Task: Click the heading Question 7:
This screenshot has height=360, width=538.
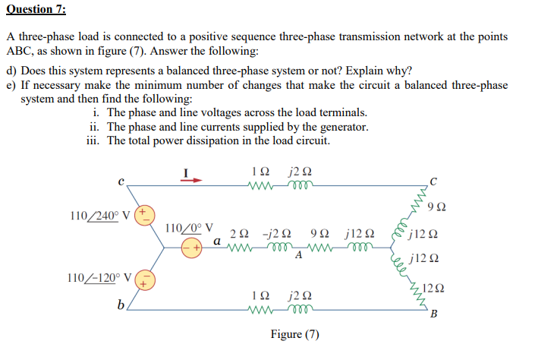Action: pos(36,9)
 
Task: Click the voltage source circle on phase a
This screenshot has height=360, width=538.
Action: pos(191,247)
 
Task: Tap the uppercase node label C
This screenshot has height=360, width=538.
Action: pos(433,180)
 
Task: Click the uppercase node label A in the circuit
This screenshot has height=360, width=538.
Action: pos(299,255)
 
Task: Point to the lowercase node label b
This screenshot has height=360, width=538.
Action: pos(120,305)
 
